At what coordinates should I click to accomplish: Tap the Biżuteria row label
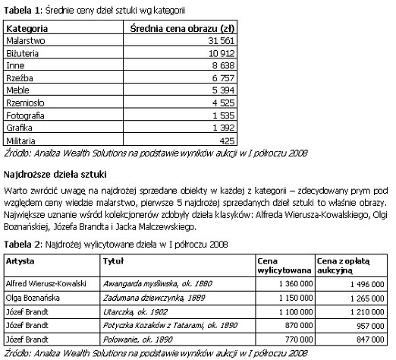pyautogui.click(x=24, y=53)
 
